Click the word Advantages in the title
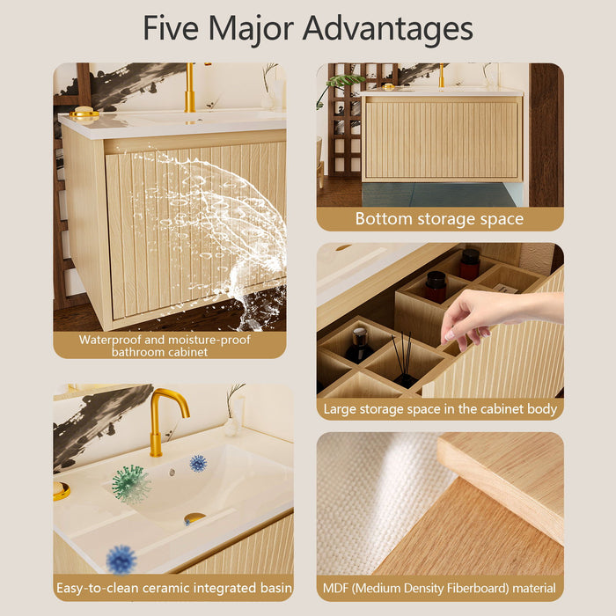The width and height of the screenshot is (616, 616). coord(388,29)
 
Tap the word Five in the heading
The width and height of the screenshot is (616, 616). coord(171,27)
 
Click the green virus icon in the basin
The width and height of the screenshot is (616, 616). coord(131,484)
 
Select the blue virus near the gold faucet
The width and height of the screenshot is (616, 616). coord(198,463)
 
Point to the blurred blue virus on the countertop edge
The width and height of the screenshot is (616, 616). coord(121,560)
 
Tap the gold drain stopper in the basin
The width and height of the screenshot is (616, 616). coord(194,518)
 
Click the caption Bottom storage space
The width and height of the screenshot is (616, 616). coord(439,219)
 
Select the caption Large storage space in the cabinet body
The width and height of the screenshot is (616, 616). coord(440,409)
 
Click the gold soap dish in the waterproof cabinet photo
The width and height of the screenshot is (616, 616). coord(84,113)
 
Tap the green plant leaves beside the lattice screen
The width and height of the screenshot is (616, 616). coord(341,84)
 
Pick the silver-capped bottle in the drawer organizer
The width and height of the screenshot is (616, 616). coord(359,345)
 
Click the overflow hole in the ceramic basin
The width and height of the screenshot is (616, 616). coord(172,473)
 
